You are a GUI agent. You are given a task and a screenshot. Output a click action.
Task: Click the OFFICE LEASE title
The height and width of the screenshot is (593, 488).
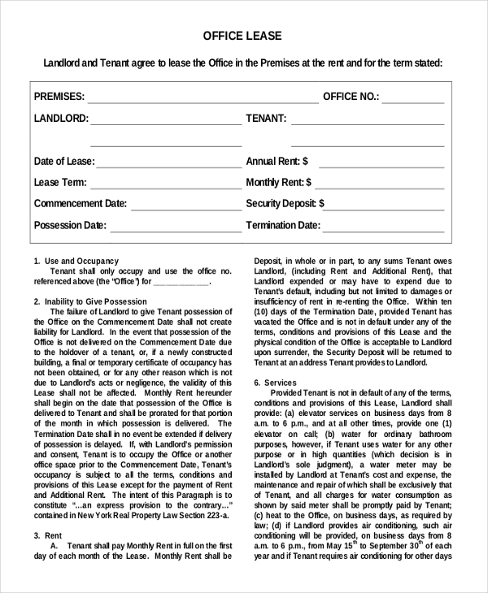coord(242,36)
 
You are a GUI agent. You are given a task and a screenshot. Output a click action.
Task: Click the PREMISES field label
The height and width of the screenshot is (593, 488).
coord(59,97)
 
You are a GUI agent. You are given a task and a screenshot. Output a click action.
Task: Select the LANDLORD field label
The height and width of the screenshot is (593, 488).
coord(61,119)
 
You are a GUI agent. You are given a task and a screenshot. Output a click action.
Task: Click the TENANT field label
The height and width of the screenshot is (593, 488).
coord(266,119)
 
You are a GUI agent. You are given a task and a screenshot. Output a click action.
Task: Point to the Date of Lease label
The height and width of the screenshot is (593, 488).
coord(64,162)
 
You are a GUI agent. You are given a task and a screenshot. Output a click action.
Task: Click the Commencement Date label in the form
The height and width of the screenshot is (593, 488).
coord(81,204)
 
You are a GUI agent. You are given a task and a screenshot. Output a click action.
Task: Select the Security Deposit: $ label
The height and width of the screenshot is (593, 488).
coord(285,204)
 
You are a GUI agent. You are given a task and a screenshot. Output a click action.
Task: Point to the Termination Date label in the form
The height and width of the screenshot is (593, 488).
coord(283,226)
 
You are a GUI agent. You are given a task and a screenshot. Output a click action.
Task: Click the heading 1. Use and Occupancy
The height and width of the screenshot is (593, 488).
coord(76,261)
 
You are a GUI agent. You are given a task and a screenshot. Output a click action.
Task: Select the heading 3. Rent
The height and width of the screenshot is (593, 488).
coord(49,535)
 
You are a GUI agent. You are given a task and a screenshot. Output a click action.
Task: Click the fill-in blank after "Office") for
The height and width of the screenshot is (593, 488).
coord(181,282)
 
